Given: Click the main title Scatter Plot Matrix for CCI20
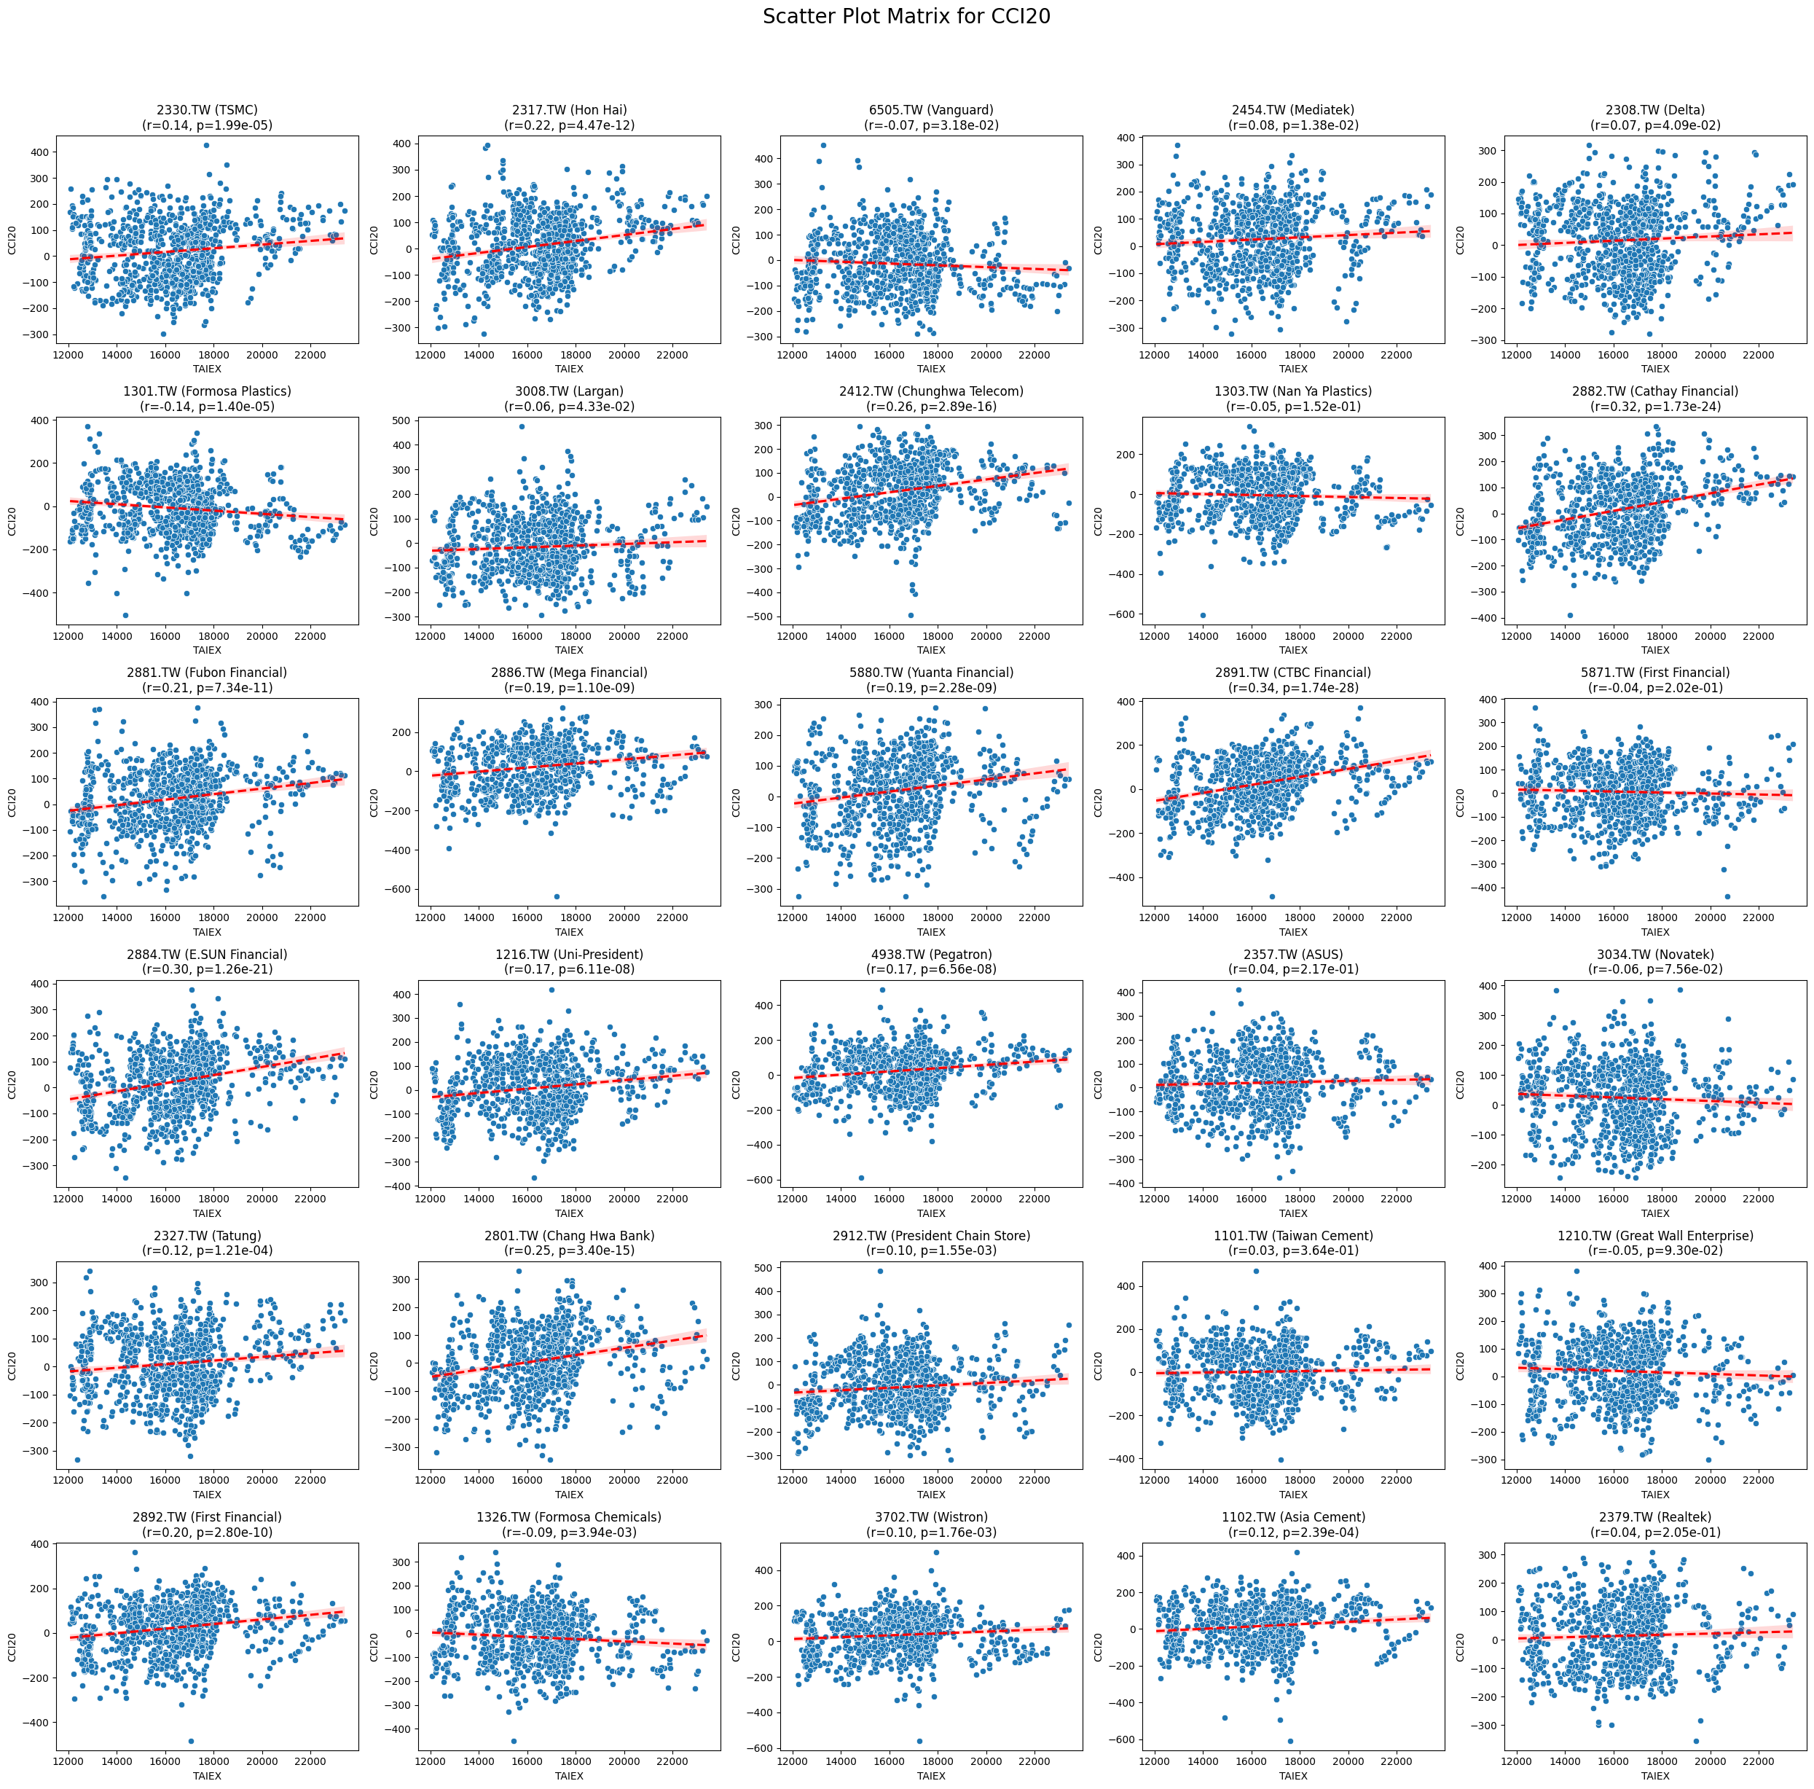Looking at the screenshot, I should (x=906, y=17).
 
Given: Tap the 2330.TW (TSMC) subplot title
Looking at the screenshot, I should (x=207, y=110).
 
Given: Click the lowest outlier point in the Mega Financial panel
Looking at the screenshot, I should (x=556, y=896).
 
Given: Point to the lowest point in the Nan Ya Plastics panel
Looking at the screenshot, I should (x=1203, y=615).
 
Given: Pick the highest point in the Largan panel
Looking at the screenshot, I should (x=522, y=426).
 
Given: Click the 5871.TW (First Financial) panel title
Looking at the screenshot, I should (x=1654, y=673).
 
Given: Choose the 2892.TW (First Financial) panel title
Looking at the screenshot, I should (x=207, y=1516).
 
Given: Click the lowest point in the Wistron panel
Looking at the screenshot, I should (x=919, y=1741).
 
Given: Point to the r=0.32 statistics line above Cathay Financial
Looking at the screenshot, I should (x=1654, y=407).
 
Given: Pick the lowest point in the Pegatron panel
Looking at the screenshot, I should (x=861, y=1178).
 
